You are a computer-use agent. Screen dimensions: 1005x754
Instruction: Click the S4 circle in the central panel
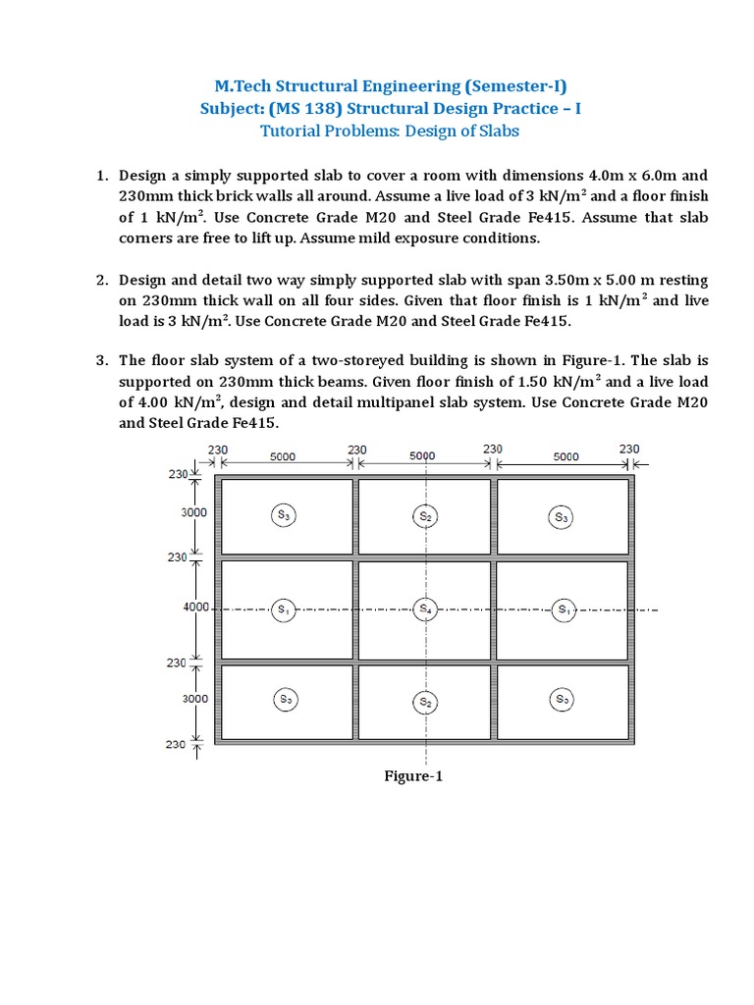[425, 609]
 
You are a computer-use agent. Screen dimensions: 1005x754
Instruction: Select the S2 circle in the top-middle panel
[425, 516]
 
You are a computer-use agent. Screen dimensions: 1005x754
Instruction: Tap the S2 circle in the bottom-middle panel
[425, 702]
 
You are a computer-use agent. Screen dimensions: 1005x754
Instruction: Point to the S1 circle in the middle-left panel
[283, 609]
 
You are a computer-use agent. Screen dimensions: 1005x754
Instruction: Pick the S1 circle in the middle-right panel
[564, 609]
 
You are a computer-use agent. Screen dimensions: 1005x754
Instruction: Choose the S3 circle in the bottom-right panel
[561, 699]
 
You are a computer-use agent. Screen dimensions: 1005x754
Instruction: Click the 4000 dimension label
[196, 608]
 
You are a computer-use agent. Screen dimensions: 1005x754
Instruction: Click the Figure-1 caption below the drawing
[413, 776]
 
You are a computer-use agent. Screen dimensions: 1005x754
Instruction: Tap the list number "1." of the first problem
[101, 175]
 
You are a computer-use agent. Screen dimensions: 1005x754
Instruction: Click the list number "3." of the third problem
[101, 360]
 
